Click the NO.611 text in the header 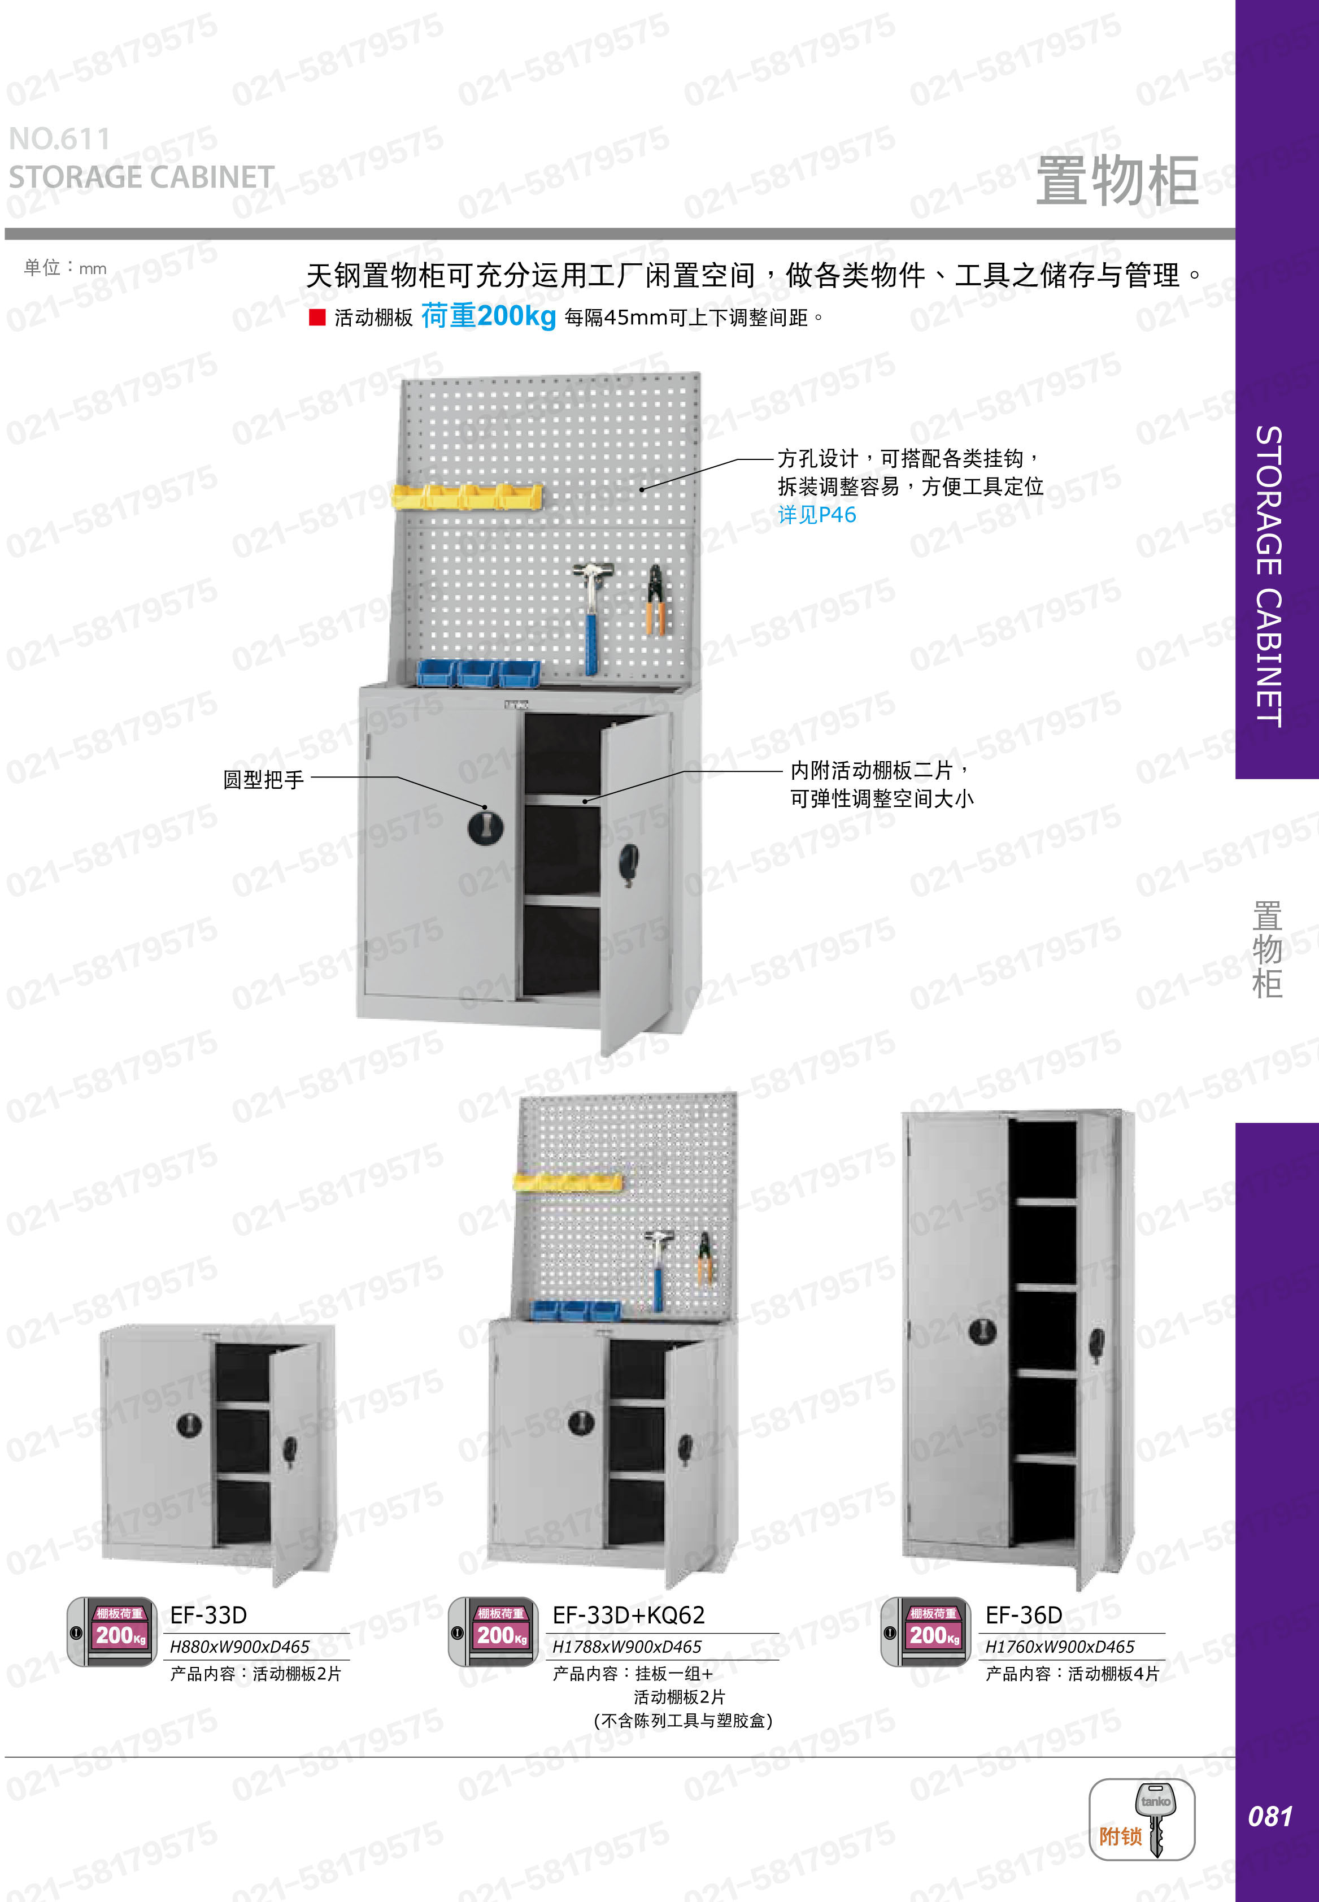coord(59,139)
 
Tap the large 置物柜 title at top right coord(1116,180)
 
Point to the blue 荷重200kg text coord(487,316)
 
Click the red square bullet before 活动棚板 coord(316,318)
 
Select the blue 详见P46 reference coord(816,515)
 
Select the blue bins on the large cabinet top coord(478,673)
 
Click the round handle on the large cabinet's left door coord(485,827)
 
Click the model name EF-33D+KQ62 coord(628,1614)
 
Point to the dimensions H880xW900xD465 coord(240,1647)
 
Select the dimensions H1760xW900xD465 coord(1060,1647)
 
